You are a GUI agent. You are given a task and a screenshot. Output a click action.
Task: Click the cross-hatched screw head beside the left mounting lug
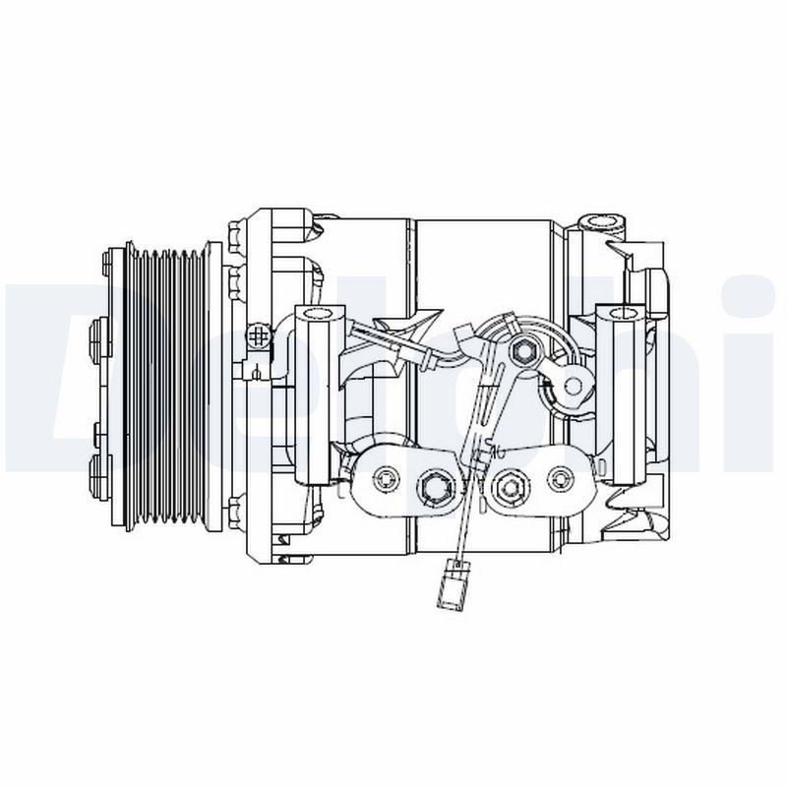(259, 337)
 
